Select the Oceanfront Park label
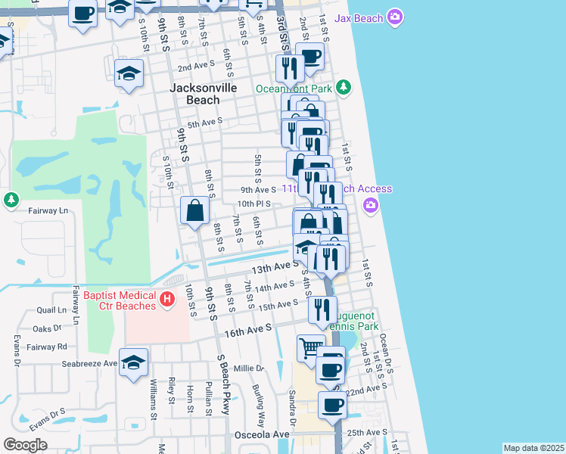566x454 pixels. click(294, 89)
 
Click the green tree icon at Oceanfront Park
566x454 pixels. click(344, 88)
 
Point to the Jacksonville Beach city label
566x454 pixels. click(204, 94)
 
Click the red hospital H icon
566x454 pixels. click(168, 301)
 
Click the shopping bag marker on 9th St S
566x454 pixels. click(194, 211)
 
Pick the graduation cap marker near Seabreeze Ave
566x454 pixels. click(133, 363)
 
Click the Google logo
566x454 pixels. click(25, 445)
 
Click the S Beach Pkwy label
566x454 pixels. click(223, 384)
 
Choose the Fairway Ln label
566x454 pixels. click(48, 210)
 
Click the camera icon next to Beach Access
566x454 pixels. click(370, 205)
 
